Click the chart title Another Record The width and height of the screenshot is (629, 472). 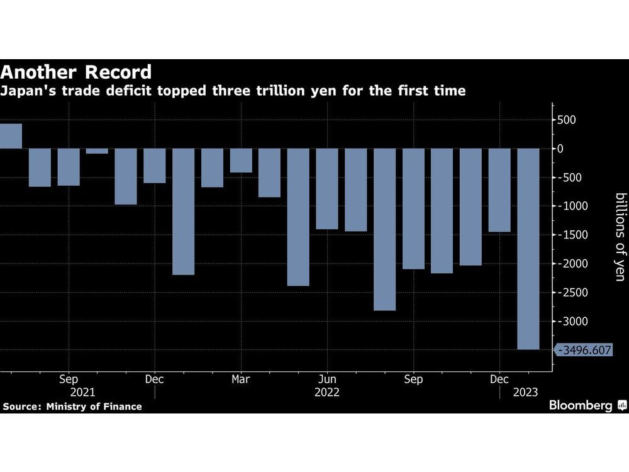tap(76, 71)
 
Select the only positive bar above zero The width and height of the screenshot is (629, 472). tap(11, 136)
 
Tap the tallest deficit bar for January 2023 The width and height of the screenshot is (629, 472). tap(528, 249)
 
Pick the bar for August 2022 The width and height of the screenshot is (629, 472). tap(384, 229)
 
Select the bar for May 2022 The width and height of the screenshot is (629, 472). tap(298, 217)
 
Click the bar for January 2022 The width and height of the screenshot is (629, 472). tap(183, 211)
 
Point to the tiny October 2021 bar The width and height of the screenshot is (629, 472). tap(97, 151)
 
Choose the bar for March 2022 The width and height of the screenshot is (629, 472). tap(241, 160)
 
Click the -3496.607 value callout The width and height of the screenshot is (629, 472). tap(585, 350)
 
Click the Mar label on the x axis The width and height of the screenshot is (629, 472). tap(241, 379)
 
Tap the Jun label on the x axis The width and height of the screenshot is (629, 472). tap(327, 379)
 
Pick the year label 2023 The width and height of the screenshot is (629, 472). tap(525, 392)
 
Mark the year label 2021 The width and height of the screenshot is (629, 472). tap(83, 392)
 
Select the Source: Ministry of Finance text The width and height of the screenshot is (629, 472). tap(72, 407)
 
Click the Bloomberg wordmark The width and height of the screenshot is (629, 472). tap(581, 406)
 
